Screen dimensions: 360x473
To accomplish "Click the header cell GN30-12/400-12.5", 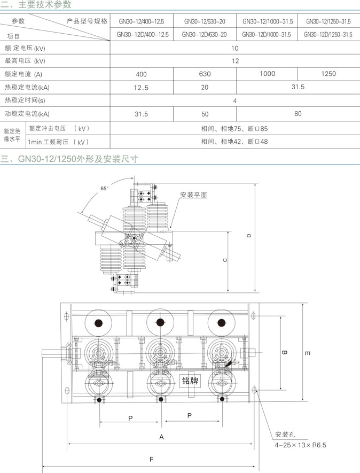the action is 142,21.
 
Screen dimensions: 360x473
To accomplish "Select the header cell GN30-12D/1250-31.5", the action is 328,34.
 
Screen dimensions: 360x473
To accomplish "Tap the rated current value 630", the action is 205,74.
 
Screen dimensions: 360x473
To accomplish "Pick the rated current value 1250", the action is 328,74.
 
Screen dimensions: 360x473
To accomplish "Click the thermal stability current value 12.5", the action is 141,88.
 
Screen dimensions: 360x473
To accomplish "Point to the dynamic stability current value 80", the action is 298,113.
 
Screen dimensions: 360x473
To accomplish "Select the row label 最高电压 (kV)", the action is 25,60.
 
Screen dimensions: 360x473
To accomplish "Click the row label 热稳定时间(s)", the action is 25,100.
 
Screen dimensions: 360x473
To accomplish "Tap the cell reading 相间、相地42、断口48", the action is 234,142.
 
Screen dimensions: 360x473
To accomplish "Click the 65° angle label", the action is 104,188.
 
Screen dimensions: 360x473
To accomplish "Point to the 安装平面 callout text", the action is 193,195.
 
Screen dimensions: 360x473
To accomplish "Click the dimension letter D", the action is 249,236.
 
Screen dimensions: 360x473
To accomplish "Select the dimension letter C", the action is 225,260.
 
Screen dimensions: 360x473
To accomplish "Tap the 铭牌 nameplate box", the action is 190,381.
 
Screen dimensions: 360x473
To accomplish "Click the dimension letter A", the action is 162,437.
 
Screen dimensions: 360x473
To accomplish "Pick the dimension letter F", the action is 151,459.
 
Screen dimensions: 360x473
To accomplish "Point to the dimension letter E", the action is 307,353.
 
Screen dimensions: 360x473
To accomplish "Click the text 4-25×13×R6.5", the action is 300,445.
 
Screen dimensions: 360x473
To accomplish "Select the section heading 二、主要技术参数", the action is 36,4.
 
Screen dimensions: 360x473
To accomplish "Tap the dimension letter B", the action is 284,353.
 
